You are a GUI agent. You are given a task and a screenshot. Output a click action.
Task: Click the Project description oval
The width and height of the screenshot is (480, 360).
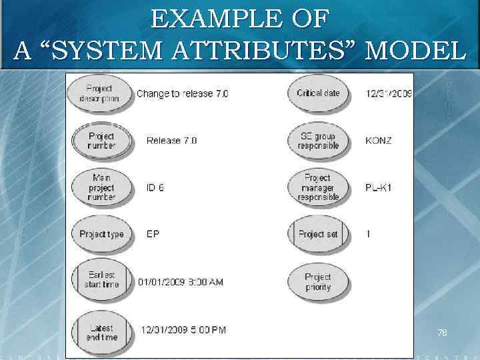point(99,94)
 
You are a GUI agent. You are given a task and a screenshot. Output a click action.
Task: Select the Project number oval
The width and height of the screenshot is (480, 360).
point(101,141)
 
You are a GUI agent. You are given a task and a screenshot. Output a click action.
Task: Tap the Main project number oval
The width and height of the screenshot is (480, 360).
point(101,187)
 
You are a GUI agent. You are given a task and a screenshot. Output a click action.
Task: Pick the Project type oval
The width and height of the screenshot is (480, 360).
point(101,234)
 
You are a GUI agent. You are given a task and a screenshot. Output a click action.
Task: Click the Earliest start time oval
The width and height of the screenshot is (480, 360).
point(101,281)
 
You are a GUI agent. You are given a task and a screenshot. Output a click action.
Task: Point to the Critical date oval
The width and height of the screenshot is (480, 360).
point(318,93)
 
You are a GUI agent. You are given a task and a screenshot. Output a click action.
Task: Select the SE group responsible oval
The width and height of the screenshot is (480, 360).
point(319,141)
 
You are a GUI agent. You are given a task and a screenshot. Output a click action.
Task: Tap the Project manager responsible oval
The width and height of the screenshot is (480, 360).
point(318,187)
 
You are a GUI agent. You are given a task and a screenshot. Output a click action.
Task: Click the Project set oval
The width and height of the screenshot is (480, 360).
point(317,234)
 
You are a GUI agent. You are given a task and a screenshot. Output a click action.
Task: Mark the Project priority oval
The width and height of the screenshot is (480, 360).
point(318,282)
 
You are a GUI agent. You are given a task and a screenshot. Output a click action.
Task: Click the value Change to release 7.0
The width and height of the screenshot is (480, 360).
point(182,94)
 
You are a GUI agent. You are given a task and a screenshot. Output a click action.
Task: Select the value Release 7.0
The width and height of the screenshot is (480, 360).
point(171,141)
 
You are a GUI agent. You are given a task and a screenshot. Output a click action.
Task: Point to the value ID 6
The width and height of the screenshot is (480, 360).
point(155,188)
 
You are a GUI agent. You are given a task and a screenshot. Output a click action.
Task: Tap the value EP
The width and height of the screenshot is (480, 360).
point(153,234)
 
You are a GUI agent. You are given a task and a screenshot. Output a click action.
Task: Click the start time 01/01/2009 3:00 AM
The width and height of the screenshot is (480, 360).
point(181,282)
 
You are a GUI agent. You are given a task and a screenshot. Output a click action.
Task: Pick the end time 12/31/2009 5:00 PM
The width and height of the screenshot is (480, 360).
point(183,329)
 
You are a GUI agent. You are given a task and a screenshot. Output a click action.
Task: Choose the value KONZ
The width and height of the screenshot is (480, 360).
point(379,141)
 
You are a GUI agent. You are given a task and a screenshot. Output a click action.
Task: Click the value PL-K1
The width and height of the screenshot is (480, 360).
point(379,188)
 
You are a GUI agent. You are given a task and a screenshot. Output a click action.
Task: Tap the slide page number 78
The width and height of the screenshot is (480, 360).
point(442,332)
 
